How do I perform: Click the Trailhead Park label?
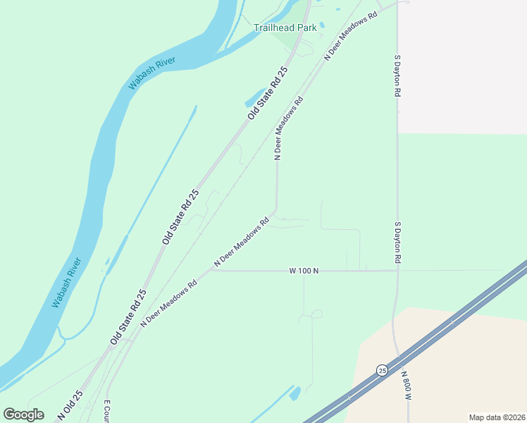[x=285, y=28]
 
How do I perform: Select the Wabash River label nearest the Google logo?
[x=67, y=283]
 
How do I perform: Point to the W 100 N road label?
[x=304, y=271]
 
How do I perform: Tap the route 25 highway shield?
[x=382, y=370]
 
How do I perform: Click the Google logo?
[x=23, y=414]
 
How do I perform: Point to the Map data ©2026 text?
[x=497, y=417]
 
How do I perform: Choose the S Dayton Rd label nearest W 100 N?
[x=397, y=243]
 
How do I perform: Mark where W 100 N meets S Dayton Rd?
[x=397, y=271]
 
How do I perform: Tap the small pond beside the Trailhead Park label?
[x=322, y=25]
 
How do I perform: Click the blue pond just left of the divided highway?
[x=295, y=392]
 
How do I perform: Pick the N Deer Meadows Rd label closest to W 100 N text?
[x=242, y=242]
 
